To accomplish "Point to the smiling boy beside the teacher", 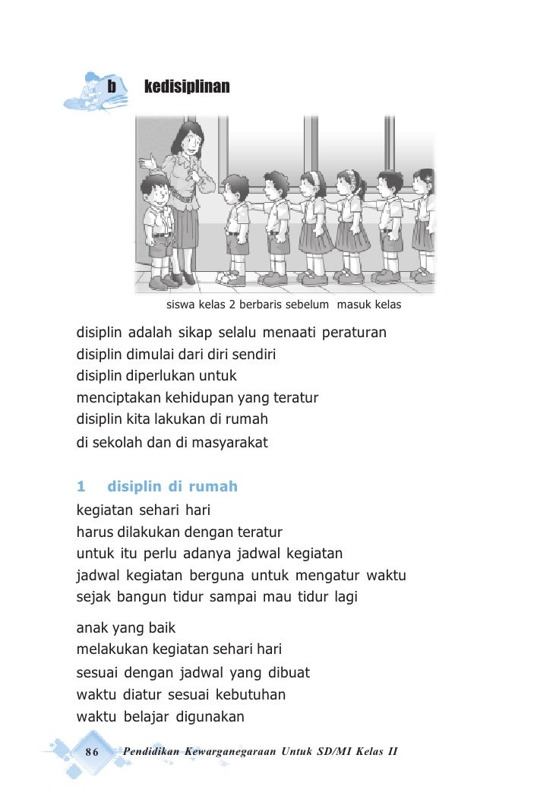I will pos(157,190).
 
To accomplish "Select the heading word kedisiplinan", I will pos(187,87).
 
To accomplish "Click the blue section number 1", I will pos(81,486).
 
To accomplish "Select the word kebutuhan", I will pos(250,694).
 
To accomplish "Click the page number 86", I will pos(93,752).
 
